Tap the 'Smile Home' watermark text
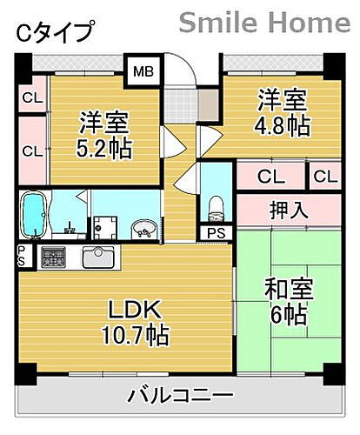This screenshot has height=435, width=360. [265, 22]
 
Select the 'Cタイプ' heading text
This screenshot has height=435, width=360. [54, 33]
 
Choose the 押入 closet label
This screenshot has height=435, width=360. [286, 211]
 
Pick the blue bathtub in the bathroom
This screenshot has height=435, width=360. [34, 216]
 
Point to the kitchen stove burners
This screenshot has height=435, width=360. [51, 258]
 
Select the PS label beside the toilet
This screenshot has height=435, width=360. [214, 233]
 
